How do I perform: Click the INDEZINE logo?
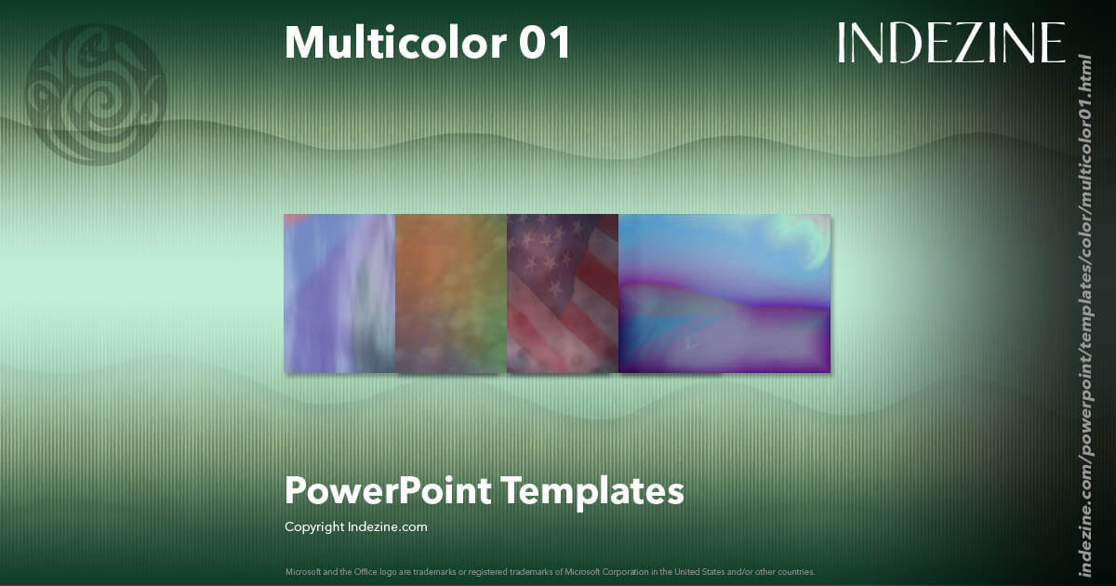[x=950, y=43]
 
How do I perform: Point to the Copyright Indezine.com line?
[x=355, y=526]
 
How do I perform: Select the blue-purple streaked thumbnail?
[x=339, y=293]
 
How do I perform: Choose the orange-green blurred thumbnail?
[x=451, y=293]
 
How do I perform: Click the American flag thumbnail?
[x=563, y=293]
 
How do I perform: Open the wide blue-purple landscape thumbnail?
[x=724, y=293]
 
